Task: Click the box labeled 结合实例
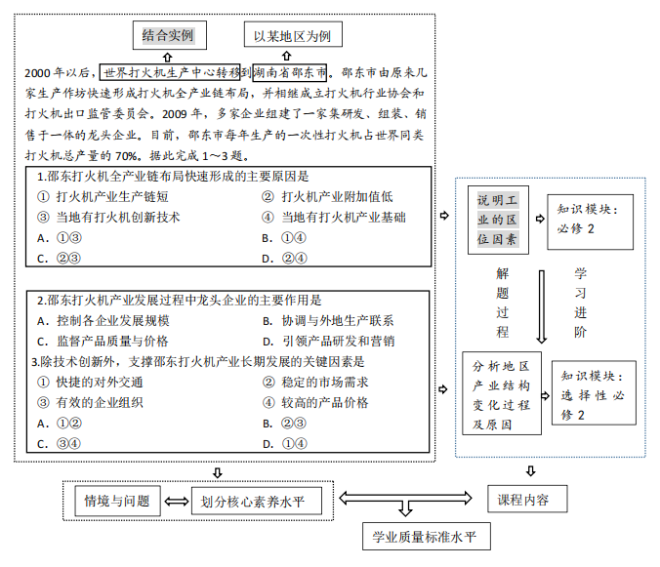[168, 36]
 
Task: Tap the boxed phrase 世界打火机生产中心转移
[172, 72]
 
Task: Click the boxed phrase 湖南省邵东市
[291, 72]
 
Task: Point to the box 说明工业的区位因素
[498, 220]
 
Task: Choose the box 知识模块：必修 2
[590, 219]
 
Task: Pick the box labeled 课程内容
[522, 499]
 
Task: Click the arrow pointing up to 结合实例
[168, 56]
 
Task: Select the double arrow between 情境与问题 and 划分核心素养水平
[176, 502]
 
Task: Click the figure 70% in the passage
[127, 156]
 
